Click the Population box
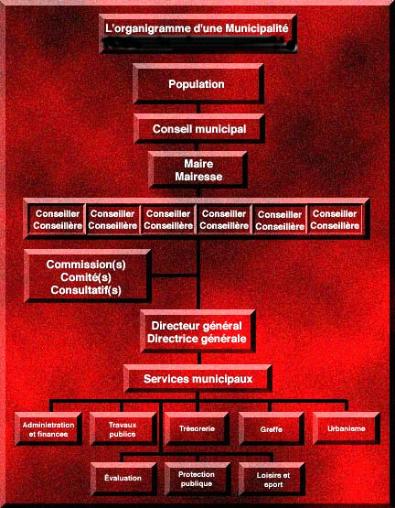point(197,83)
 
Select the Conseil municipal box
point(198,129)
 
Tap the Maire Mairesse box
point(198,169)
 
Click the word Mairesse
point(198,177)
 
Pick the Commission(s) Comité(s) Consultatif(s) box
point(87,276)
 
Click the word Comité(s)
point(86,277)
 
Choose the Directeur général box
point(197,331)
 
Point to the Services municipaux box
point(197,378)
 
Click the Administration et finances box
point(48,429)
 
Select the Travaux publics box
point(123,429)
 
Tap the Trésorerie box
point(197,429)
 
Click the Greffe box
point(272,429)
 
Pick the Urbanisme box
point(347,428)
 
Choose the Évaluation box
point(123,479)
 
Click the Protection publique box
point(197,479)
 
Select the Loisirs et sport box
point(272,479)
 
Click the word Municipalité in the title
point(257,28)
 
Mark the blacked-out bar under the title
point(198,43)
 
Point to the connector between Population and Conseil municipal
point(198,109)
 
